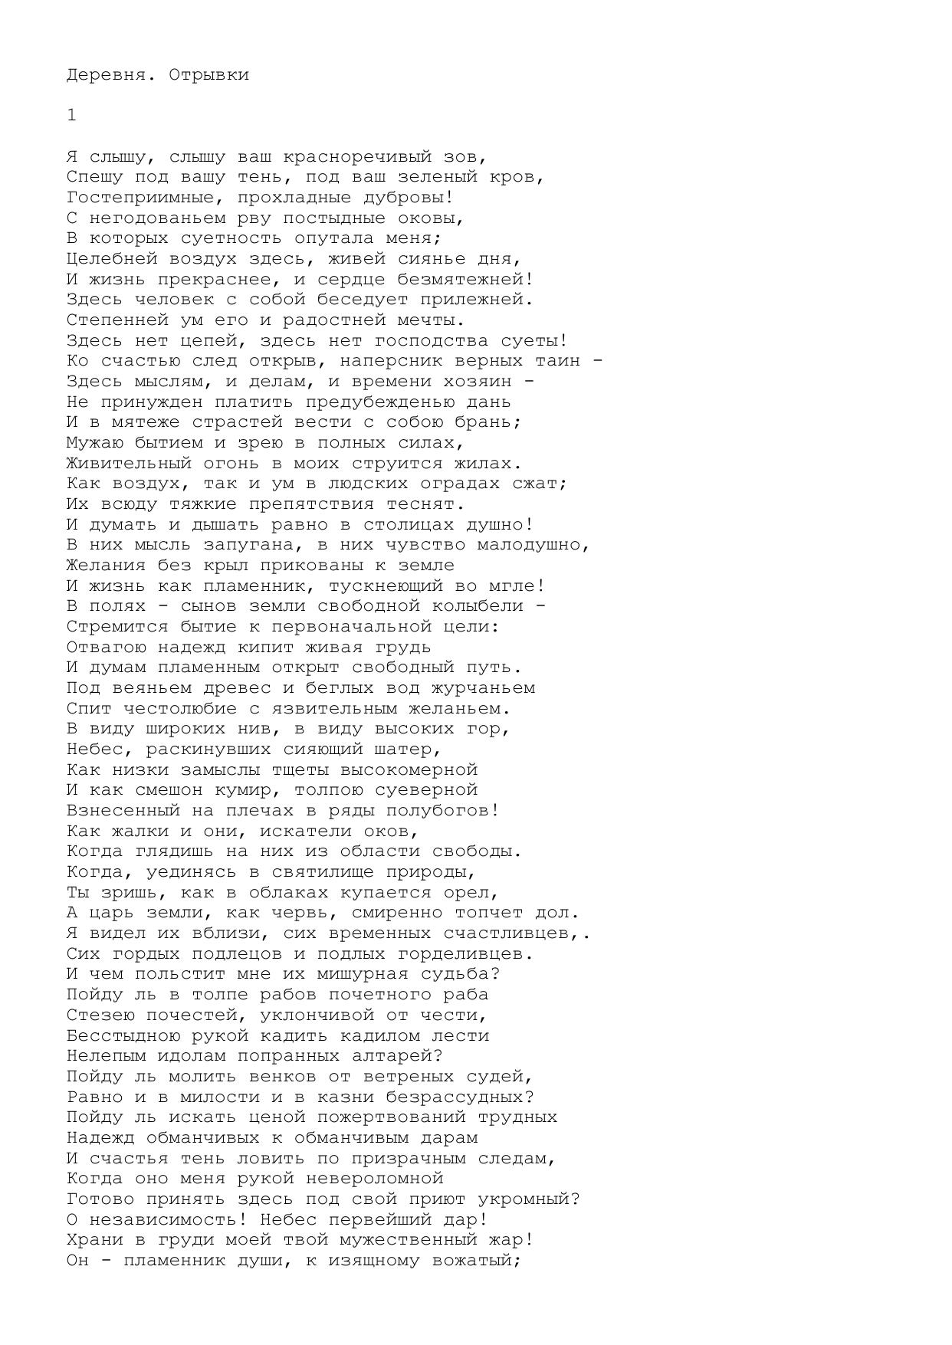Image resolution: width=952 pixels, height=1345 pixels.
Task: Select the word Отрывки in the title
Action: point(208,75)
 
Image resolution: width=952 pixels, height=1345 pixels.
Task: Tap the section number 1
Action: point(71,115)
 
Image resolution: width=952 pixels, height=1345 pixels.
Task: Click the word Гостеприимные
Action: point(140,198)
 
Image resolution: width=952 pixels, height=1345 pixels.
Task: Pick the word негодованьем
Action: point(157,218)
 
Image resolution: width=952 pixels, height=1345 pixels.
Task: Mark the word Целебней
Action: point(112,259)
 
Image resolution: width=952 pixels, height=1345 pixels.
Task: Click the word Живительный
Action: point(129,464)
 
